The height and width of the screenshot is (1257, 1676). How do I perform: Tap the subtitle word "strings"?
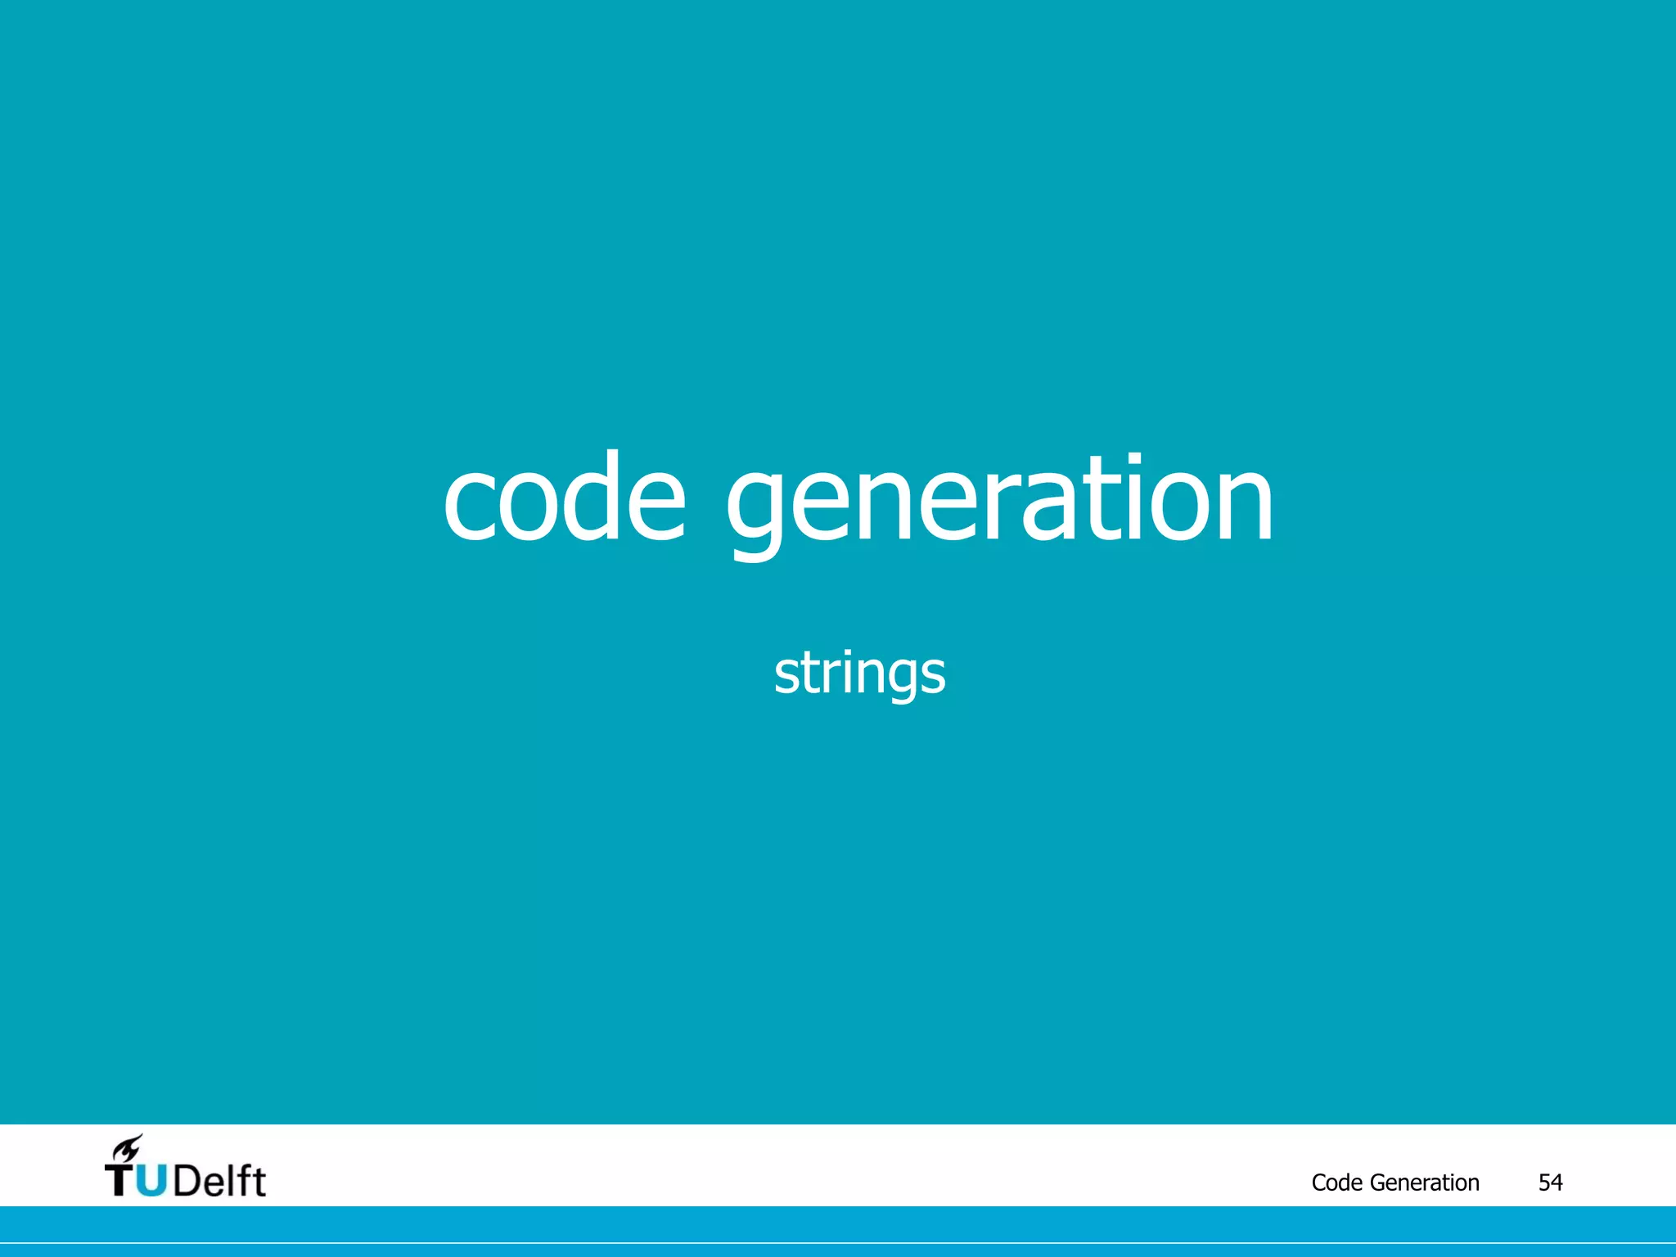859,674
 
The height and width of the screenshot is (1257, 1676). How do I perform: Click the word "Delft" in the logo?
219,1181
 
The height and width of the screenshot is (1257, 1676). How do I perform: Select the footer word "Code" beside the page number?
1336,1183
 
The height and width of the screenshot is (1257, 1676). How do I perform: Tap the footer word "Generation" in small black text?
1424,1183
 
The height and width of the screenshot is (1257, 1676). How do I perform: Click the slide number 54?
1550,1183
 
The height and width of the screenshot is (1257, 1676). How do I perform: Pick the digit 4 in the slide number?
1557,1183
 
